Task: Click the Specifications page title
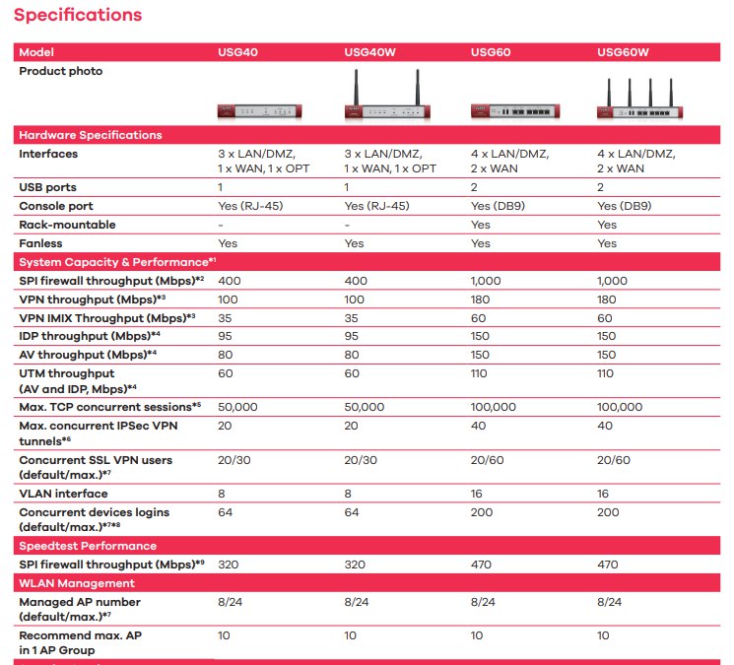click(78, 16)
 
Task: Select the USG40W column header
click(369, 51)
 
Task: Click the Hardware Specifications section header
click(91, 135)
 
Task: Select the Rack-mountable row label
click(68, 225)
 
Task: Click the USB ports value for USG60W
click(601, 187)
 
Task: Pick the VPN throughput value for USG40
click(228, 299)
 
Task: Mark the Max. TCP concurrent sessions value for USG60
click(494, 407)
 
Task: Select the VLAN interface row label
click(64, 494)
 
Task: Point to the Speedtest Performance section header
click(88, 546)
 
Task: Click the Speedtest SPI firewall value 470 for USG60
click(482, 565)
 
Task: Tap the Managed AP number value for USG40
click(231, 602)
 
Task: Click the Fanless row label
click(41, 243)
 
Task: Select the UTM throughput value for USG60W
click(605, 374)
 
